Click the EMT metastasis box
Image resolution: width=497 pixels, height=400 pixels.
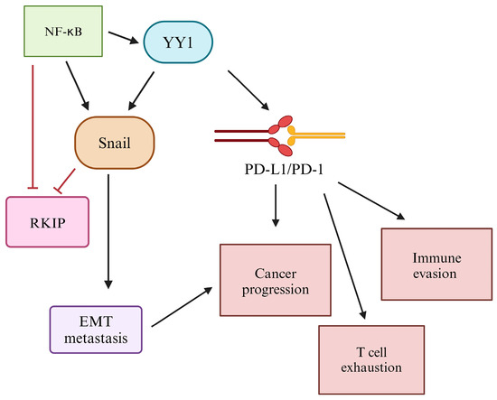tap(95, 326)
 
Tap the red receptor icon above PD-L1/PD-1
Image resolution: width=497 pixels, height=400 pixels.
tap(283, 133)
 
